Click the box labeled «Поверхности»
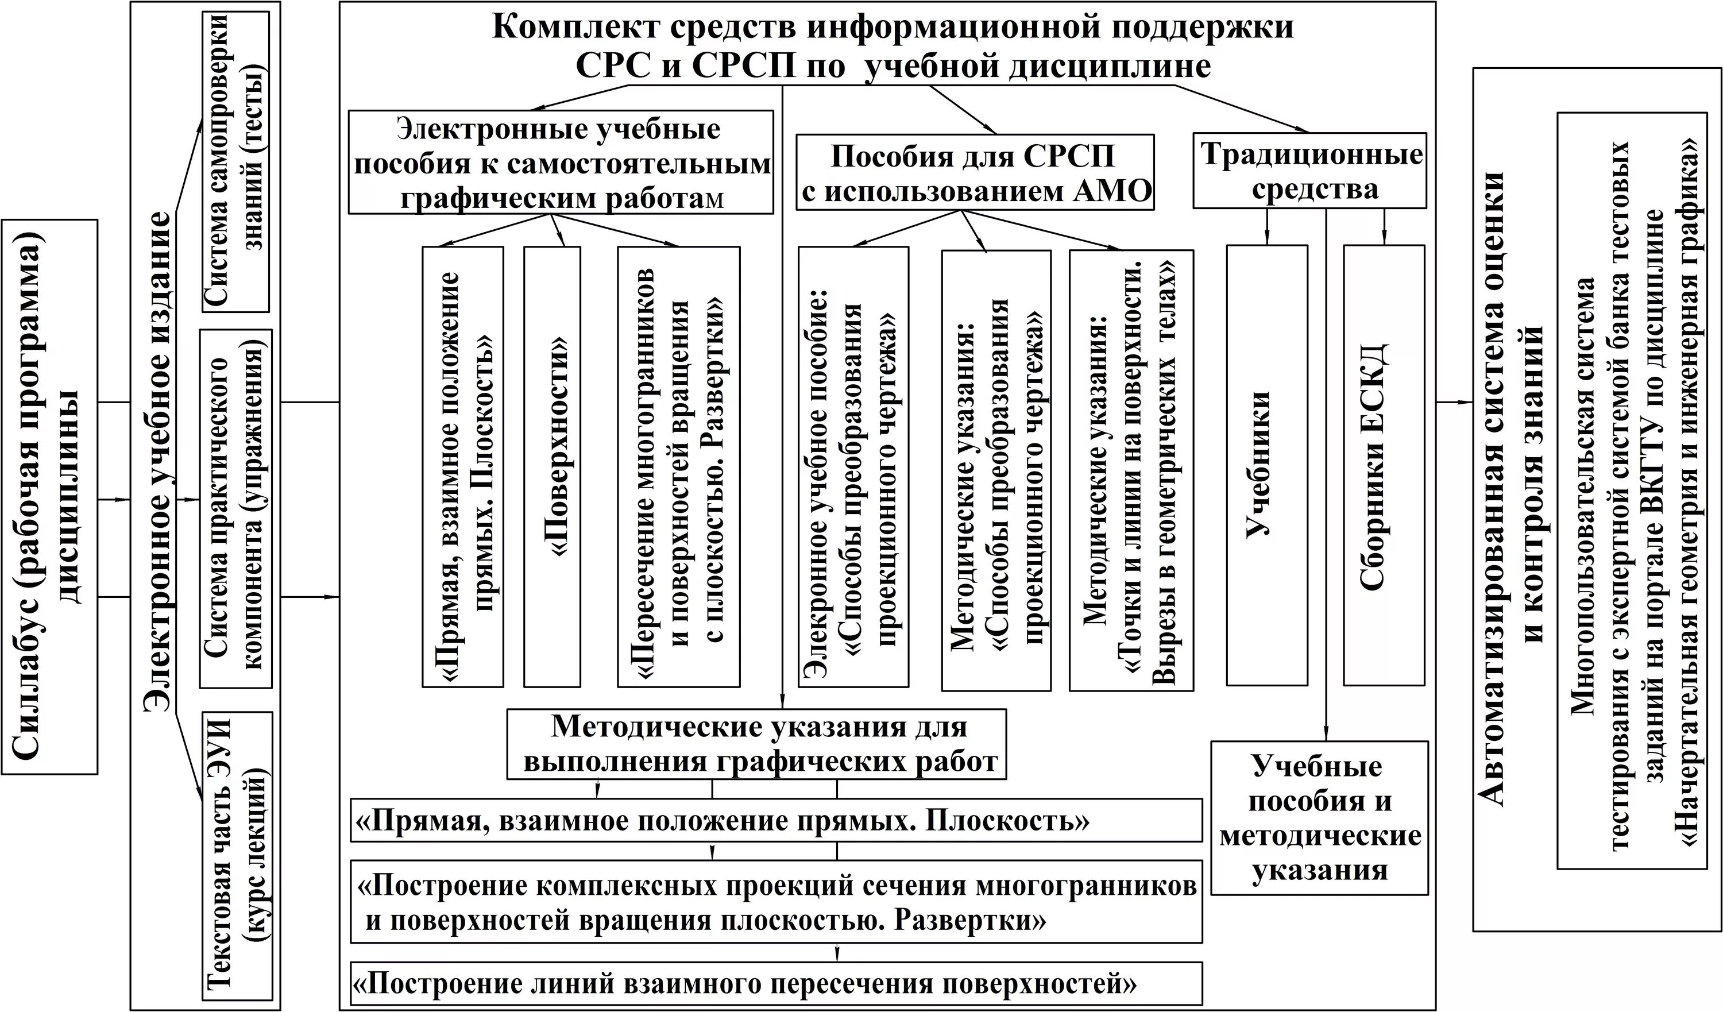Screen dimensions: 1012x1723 [x=552, y=466]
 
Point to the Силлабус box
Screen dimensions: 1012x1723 [x=49, y=496]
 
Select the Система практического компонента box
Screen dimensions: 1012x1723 [x=235, y=509]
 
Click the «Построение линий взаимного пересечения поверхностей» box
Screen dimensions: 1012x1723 [x=776, y=984]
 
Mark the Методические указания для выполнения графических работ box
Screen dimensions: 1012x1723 [x=756, y=744]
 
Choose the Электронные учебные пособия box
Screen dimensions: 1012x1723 [x=561, y=163]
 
